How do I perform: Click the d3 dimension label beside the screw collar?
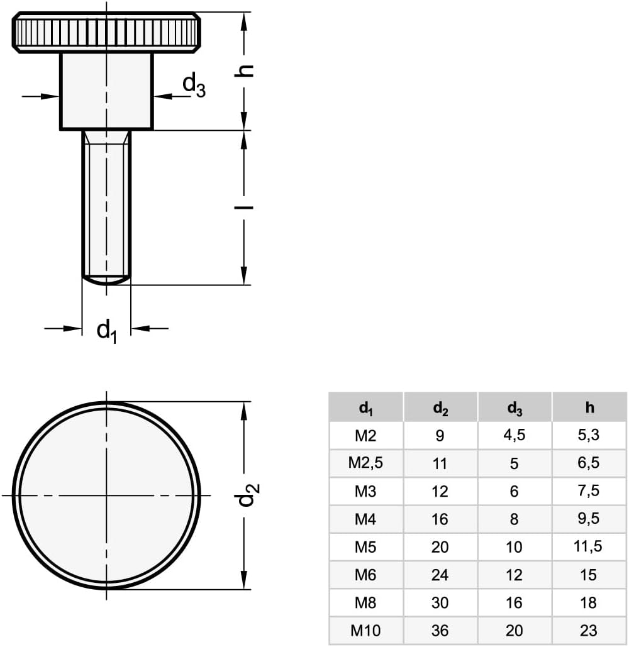pyautogui.click(x=193, y=86)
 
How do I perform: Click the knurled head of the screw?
pyautogui.click(x=106, y=32)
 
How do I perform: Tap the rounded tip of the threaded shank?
pyautogui.click(x=106, y=279)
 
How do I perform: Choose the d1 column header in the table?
pyautogui.click(x=365, y=408)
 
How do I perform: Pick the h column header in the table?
pyautogui.click(x=589, y=407)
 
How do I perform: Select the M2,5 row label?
pyautogui.click(x=365, y=463)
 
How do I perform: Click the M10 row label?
pyautogui.click(x=365, y=630)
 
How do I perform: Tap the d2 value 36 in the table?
pyautogui.click(x=440, y=630)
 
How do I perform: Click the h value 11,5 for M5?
pyautogui.click(x=589, y=546)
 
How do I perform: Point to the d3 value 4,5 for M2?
pyautogui.click(x=514, y=435)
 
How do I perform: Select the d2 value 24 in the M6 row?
pyautogui.click(x=440, y=575)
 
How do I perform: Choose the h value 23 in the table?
pyautogui.click(x=589, y=630)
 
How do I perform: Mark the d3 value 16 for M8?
pyautogui.click(x=514, y=602)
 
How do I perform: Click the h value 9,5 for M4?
pyautogui.click(x=589, y=519)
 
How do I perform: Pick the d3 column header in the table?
pyautogui.click(x=515, y=408)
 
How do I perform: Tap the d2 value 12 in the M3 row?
pyautogui.click(x=440, y=491)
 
